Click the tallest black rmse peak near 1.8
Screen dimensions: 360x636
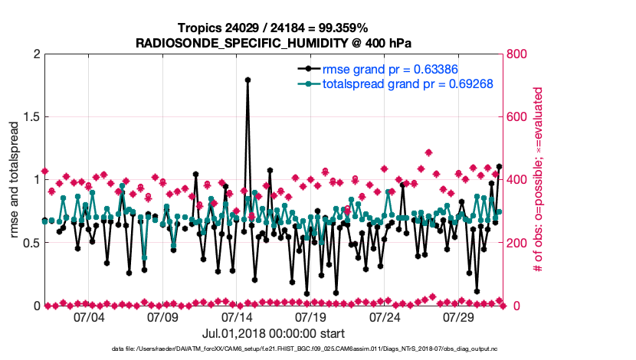248,79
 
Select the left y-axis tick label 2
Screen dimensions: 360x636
35,54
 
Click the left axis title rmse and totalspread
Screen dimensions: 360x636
14,180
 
